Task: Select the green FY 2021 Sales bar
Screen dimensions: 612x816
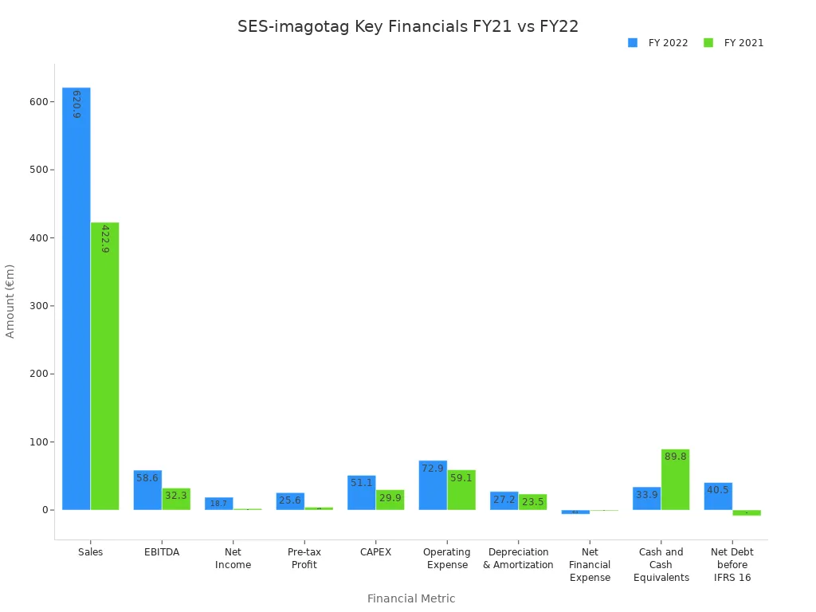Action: (x=104, y=367)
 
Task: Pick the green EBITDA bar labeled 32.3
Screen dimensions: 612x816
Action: (x=176, y=500)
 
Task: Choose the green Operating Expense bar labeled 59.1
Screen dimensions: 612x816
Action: (x=461, y=490)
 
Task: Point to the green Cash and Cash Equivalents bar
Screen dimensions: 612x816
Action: (x=675, y=480)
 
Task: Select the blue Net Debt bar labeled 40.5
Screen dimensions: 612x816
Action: (x=718, y=496)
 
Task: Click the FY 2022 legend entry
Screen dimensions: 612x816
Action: (x=658, y=43)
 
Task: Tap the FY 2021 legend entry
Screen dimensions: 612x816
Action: (x=734, y=43)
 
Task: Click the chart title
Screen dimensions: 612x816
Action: (x=408, y=26)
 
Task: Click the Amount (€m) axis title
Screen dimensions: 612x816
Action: (x=10, y=300)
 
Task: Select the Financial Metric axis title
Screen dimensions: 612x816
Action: (x=411, y=598)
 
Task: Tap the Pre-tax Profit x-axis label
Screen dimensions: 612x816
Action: (x=304, y=559)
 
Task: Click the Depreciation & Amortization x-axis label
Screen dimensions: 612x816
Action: (x=518, y=559)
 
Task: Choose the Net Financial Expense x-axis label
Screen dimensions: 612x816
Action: (x=590, y=564)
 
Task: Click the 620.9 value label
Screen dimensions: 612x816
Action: (x=76, y=104)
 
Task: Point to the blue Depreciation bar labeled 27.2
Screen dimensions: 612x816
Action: (x=504, y=500)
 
